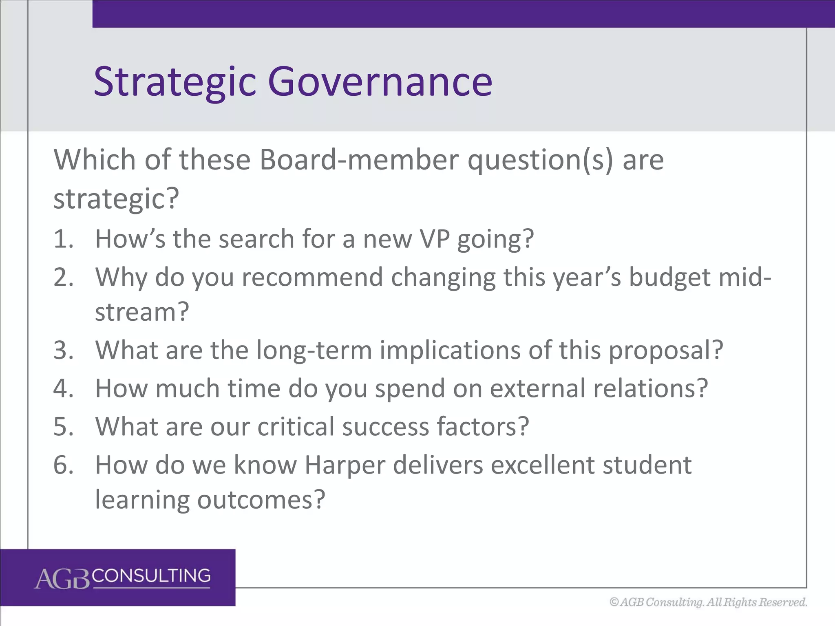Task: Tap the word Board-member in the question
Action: (359, 160)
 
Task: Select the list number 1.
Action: (63, 239)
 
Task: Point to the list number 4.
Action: (63, 388)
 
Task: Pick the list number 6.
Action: (63, 465)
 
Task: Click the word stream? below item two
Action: (142, 312)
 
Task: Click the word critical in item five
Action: (296, 427)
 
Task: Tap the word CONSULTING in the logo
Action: (151, 576)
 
